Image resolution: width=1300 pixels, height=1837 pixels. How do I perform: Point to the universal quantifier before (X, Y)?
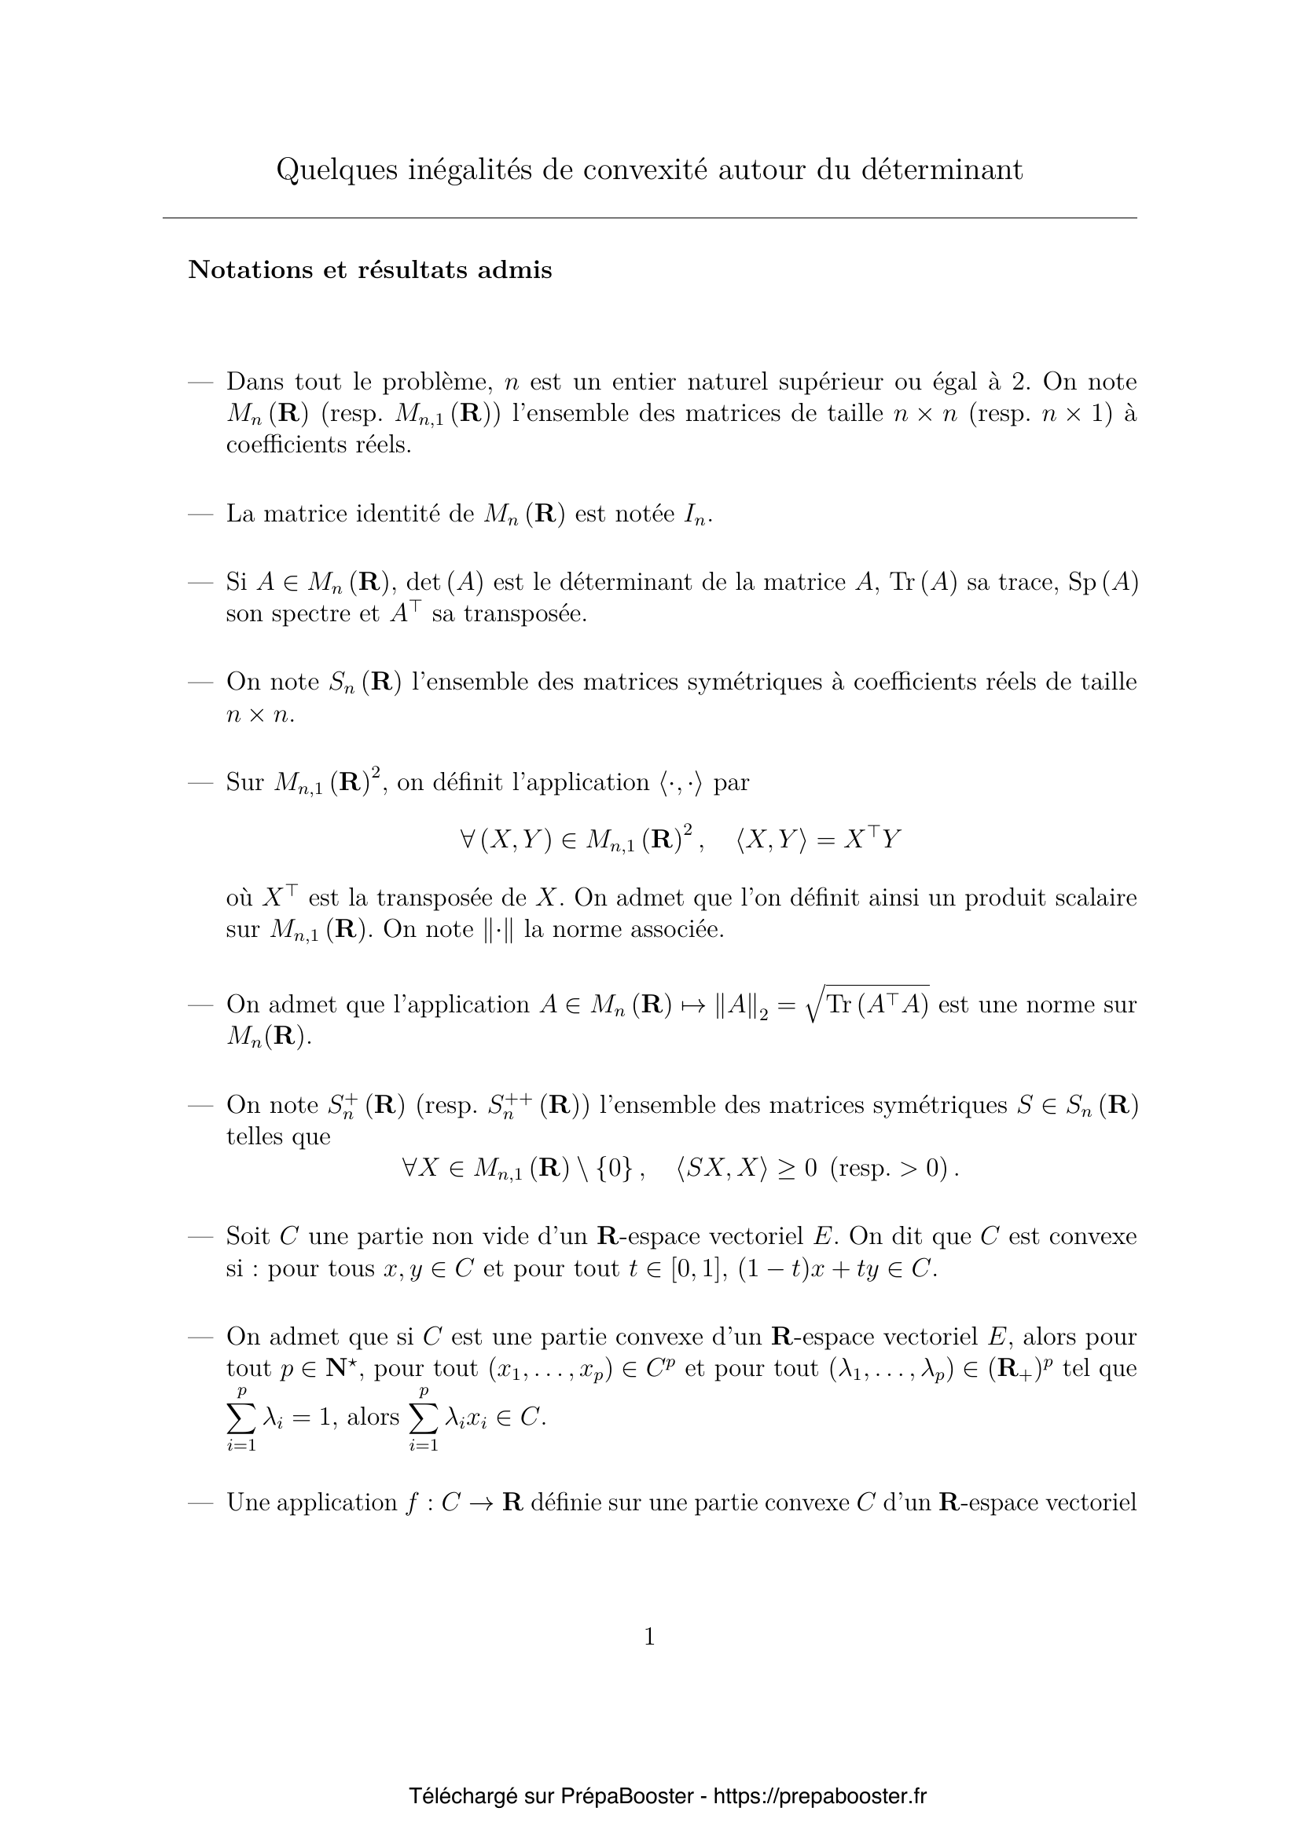tap(468, 840)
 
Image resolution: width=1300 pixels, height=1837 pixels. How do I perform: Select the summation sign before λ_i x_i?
tap(424, 1417)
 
